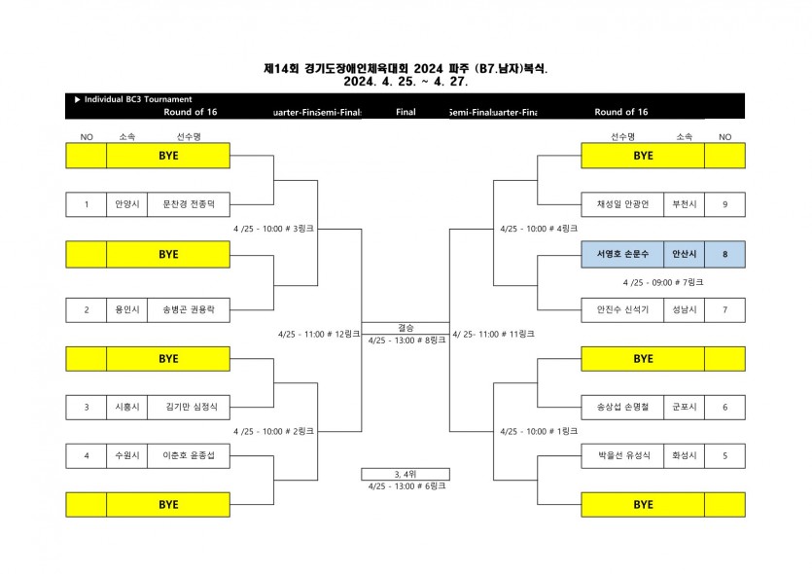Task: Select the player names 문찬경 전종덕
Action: tap(189, 204)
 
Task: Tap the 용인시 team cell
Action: tap(127, 310)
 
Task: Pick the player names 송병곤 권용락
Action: tap(189, 310)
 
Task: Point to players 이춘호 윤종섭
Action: tap(189, 454)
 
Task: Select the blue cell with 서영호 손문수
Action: tap(622, 254)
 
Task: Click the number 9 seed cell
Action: tap(725, 204)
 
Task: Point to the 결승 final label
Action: tap(406, 328)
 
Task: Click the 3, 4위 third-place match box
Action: tap(406, 474)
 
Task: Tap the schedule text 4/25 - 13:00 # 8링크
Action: tap(406, 341)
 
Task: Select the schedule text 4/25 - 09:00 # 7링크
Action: tap(663, 282)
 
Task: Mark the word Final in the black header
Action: tap(406, 113)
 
